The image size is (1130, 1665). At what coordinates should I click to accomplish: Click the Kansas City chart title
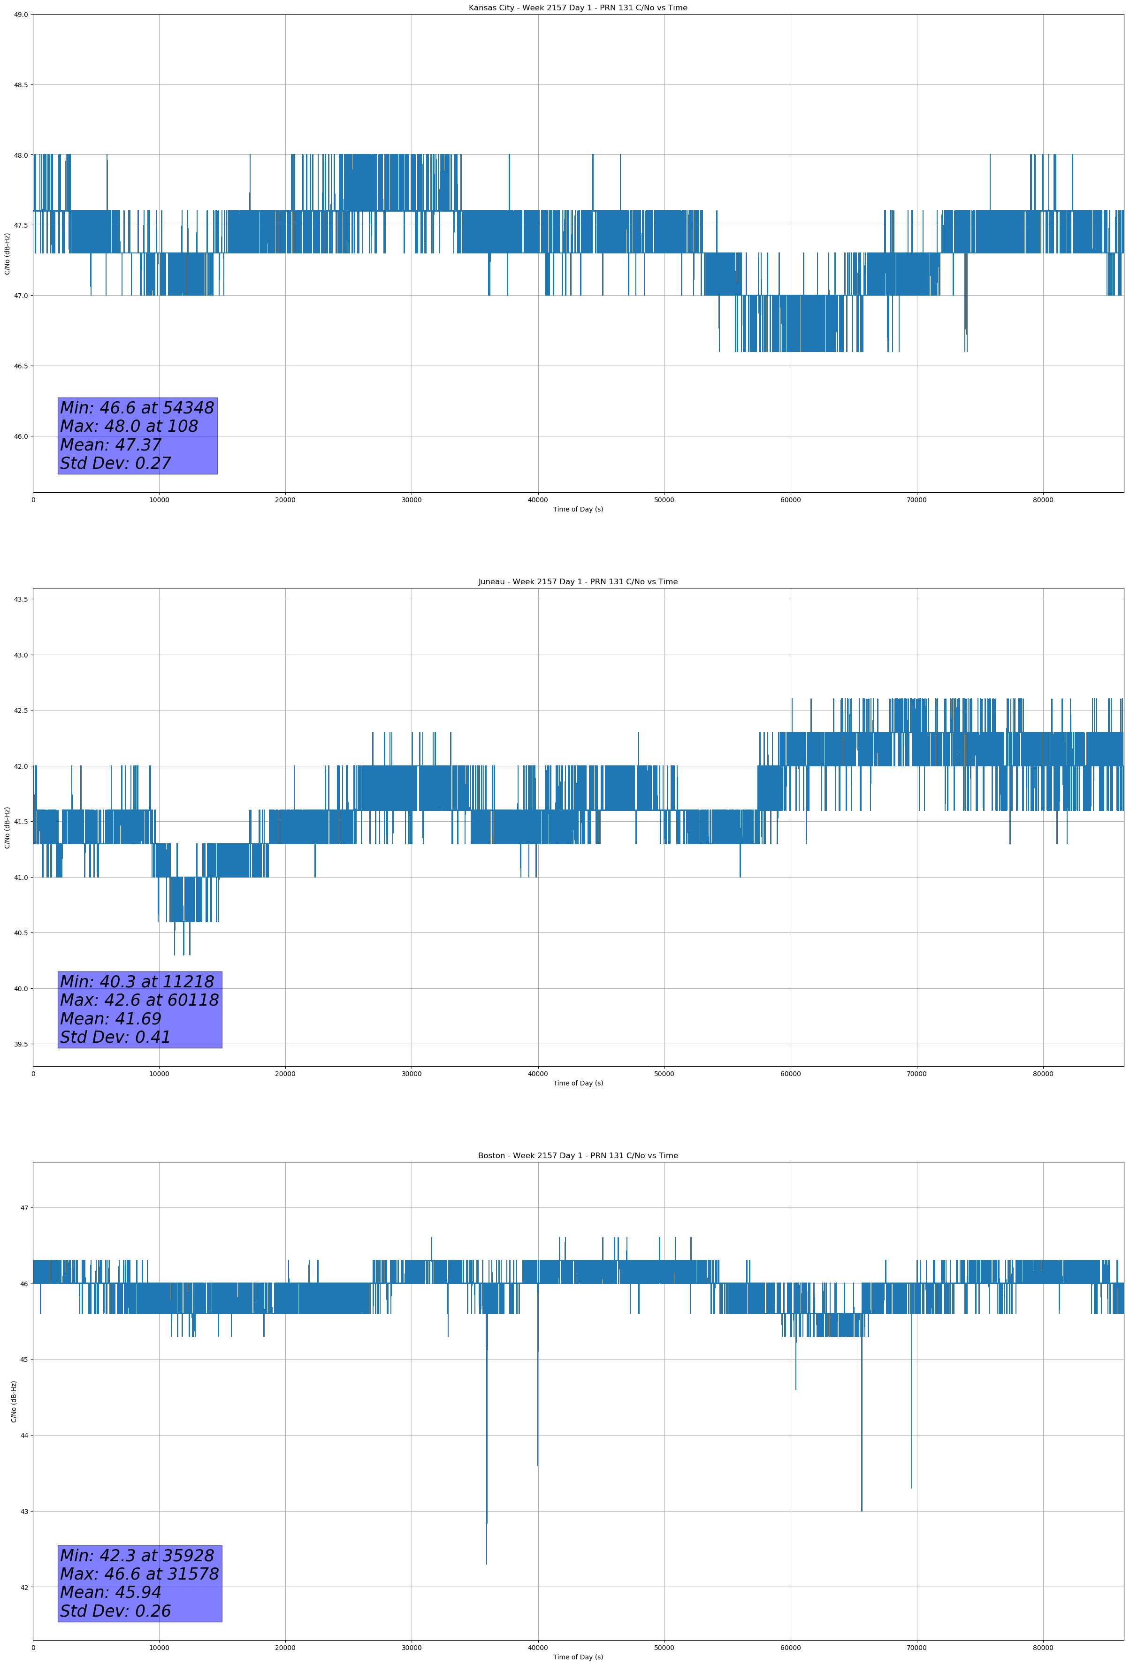(578, 8)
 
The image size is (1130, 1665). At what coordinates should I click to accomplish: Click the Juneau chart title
(578, 582)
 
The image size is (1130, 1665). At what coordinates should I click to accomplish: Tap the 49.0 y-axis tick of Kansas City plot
(20, 15)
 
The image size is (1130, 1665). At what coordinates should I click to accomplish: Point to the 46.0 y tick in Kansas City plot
(20, 436)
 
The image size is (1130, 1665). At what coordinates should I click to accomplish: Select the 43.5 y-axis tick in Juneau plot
(20, 599)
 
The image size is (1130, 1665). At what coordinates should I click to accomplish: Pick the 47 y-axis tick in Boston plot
(24, 1208)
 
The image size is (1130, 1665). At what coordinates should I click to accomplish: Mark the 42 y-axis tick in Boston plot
(24, 1587)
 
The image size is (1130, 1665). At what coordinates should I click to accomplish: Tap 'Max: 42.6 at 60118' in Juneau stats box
(139, 1000)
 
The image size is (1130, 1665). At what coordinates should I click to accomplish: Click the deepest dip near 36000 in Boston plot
(487, 1562)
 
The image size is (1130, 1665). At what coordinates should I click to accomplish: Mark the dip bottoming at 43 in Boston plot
(861, 1510)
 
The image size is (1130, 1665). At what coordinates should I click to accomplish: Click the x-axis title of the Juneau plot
(578, 1083)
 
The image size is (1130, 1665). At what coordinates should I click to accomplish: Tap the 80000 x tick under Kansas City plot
(1043, 500)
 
